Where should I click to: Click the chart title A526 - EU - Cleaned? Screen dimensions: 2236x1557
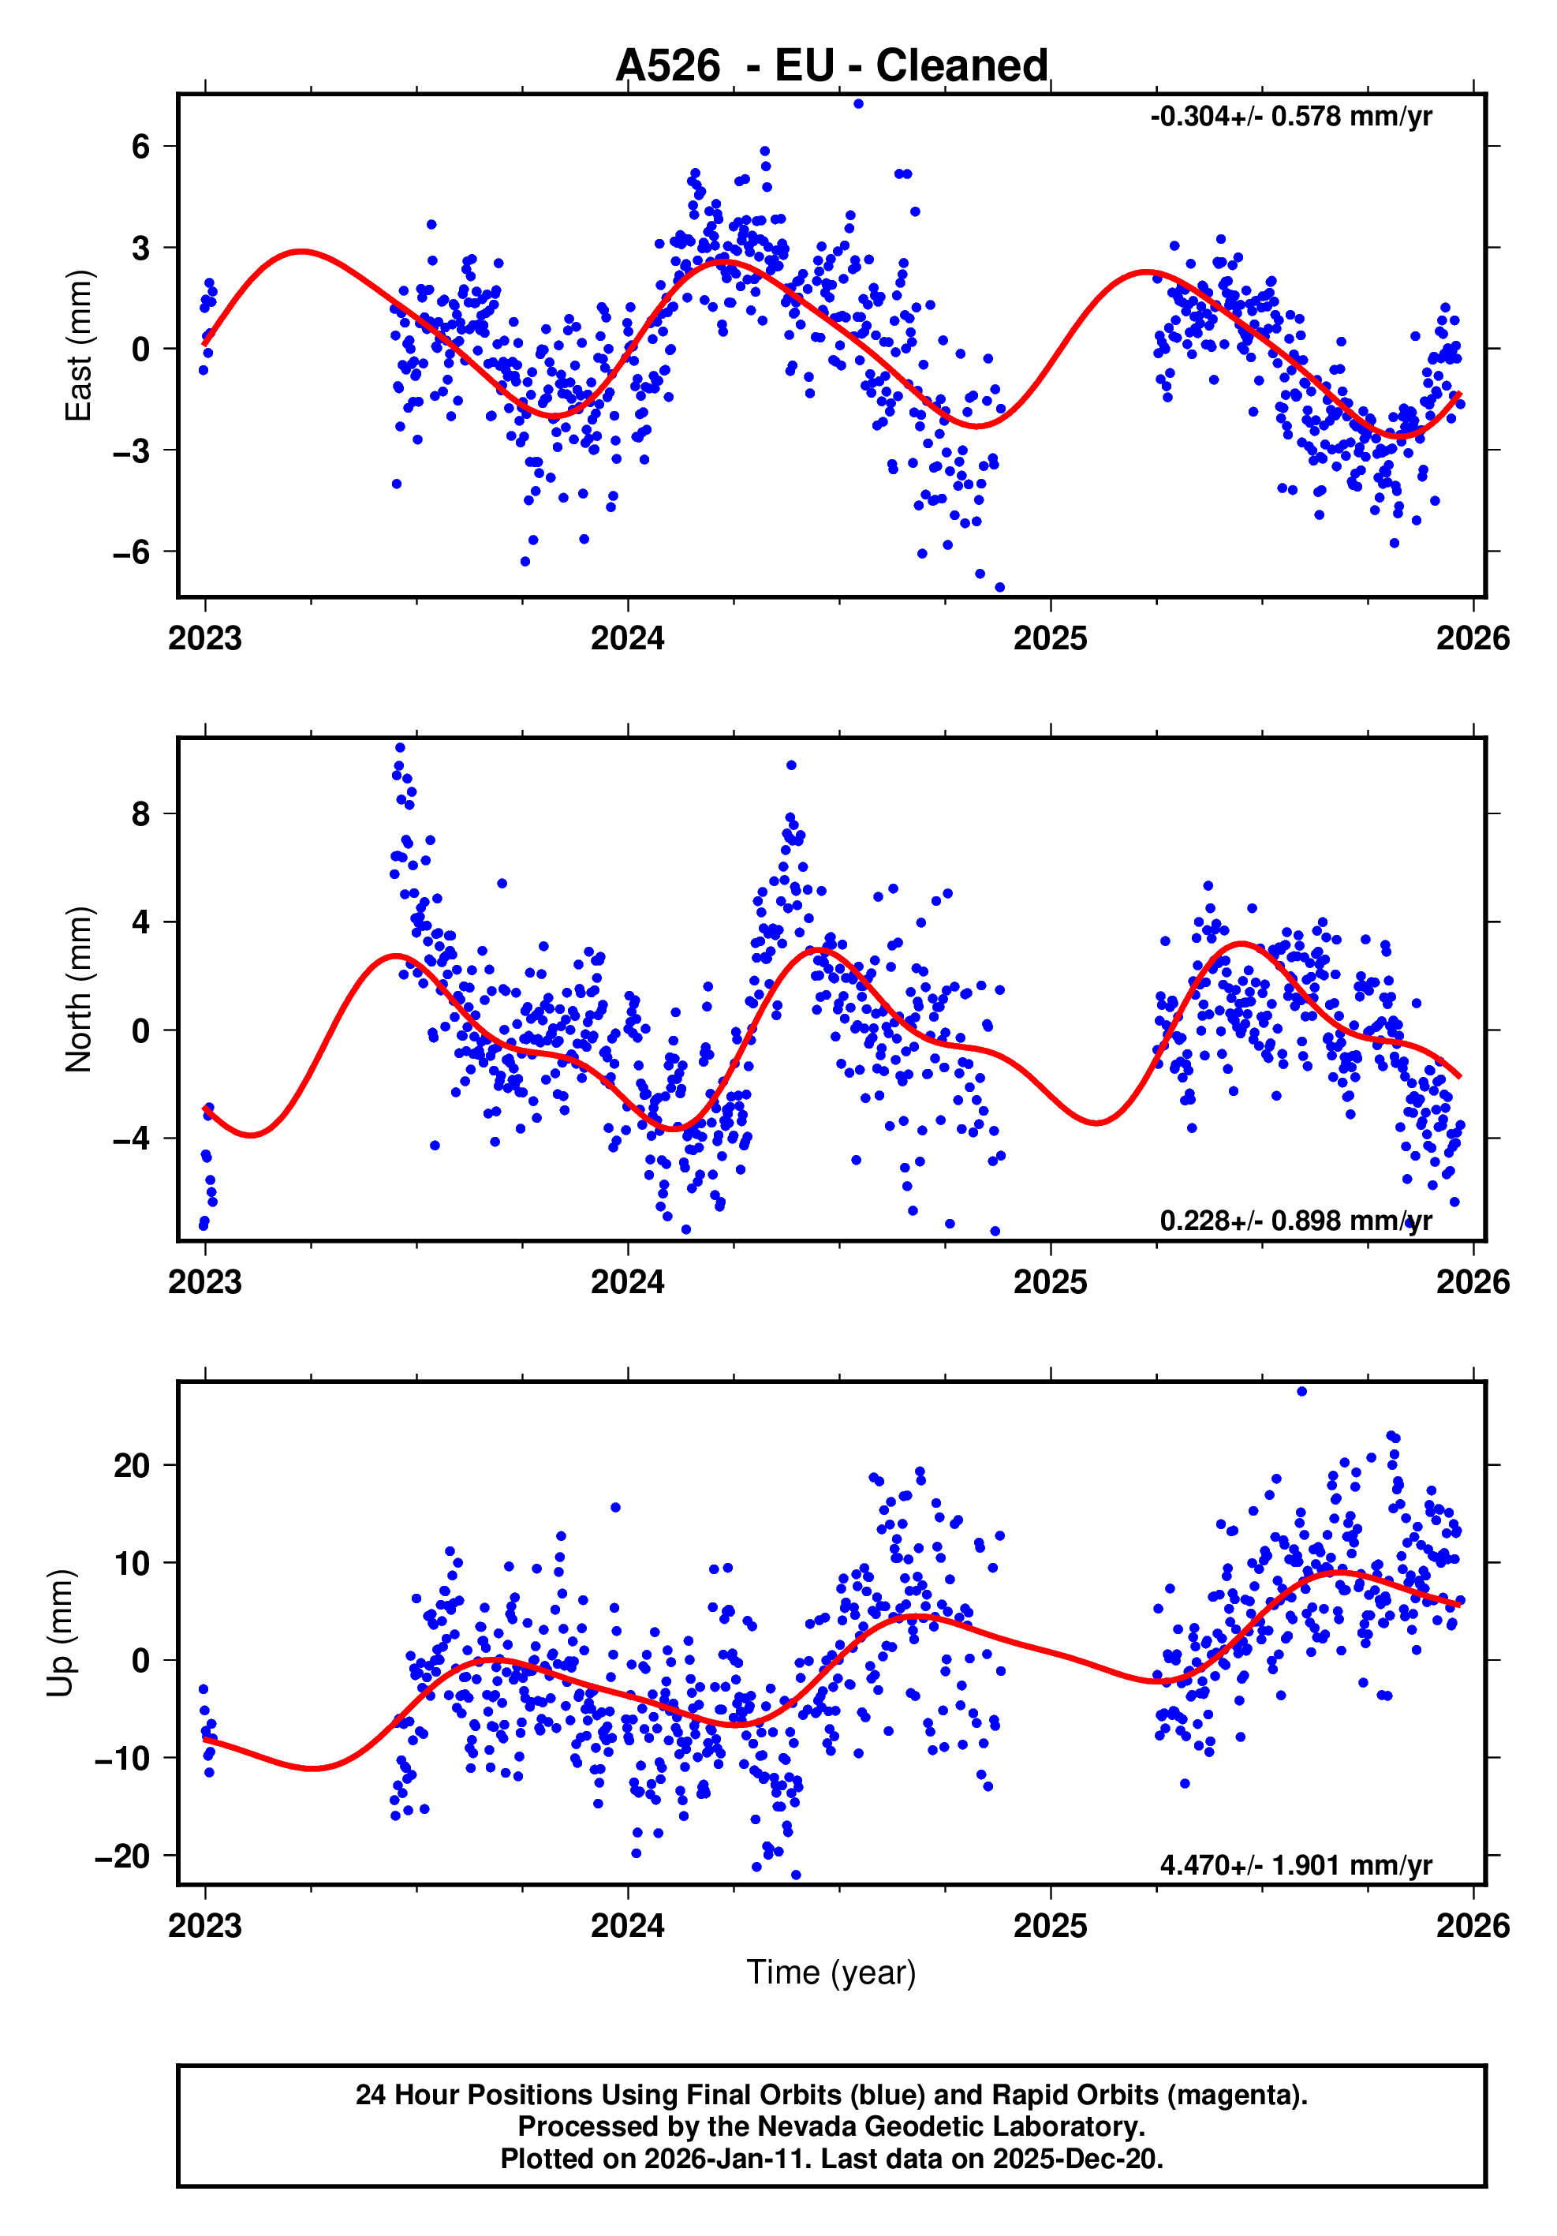(x=831, y=65)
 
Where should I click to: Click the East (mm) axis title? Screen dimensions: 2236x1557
(x=78, y=346)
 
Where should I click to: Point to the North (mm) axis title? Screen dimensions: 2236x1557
(x=78, y=989)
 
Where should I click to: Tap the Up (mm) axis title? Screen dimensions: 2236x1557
(x=61, y=1633)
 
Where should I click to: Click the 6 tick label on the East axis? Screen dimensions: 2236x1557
(x=141, y=146)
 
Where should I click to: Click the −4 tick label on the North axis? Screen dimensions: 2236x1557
(x=132, y=1138)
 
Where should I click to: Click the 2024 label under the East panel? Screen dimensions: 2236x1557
(x=627, y=639)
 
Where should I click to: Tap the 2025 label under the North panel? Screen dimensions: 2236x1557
(x=1050, y=1281)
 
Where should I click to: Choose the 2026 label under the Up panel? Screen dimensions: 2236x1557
(x=1473, y=1925)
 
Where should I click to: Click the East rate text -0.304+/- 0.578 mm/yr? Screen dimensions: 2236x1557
(x=1290, y=117)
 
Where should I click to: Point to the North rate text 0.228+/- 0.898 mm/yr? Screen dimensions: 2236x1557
(x=1295, y=1221)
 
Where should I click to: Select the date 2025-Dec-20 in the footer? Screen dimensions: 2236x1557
(x=1076, y=2159)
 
